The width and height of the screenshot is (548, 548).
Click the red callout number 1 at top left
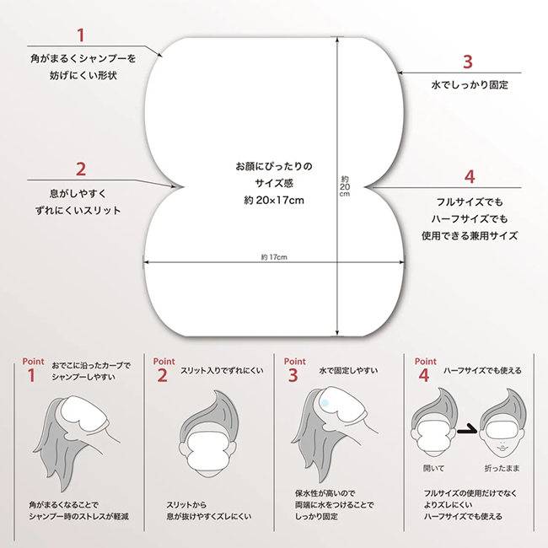coord(81,35)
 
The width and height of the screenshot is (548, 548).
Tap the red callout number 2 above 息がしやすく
coord(81,169)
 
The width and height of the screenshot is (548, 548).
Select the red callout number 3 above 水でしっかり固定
coord(468,62)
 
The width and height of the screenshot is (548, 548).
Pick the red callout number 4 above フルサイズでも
coord(470,177)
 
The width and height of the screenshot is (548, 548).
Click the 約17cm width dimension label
coord(274,257)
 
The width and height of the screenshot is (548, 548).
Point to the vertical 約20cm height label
coord(345,186)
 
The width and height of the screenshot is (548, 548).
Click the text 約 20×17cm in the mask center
coord(274,201)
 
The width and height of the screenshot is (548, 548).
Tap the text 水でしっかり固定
coord(470,85)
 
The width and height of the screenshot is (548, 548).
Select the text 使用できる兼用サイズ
coord(470,236)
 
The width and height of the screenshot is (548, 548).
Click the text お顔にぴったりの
coord(274,166)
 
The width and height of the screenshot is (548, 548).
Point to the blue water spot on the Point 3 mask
coord(325,403)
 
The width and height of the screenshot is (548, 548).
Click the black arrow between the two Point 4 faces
coord(467,429)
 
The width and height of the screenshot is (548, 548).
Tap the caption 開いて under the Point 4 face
coord(433,468)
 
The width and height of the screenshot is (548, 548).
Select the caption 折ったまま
coord(502,468)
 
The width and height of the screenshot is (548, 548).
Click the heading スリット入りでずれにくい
coord(222,371)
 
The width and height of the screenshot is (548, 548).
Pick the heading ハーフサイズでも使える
coord(482,371)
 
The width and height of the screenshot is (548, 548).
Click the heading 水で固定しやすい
coord(348,371)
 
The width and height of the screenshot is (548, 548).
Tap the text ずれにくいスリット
coord(78,211)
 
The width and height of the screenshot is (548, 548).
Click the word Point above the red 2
coord(164,362)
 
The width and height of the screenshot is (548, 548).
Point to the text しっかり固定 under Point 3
coord(316,517)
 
